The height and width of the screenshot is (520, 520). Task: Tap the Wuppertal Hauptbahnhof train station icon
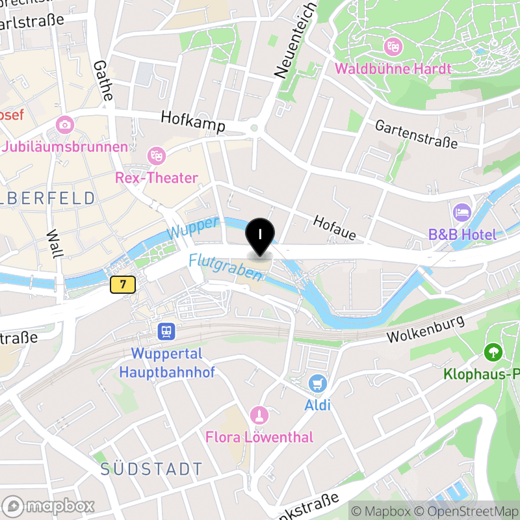166,332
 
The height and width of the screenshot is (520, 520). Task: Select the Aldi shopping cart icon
317,383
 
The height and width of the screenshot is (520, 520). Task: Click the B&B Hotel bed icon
461,213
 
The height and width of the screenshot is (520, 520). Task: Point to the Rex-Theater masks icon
156,156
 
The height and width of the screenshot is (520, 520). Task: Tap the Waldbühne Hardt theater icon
392,46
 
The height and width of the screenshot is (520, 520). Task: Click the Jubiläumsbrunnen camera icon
64,124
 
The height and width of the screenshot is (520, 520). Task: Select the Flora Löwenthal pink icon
259,415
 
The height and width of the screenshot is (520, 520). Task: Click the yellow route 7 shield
122,284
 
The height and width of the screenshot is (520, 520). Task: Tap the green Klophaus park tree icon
493,353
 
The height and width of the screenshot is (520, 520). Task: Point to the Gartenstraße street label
417,133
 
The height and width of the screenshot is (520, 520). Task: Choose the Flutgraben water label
226,267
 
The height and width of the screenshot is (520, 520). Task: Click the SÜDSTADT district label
151,469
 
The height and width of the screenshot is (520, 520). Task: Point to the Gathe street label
103,80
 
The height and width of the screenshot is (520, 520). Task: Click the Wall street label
53,244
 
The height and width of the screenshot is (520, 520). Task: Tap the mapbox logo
49,506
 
